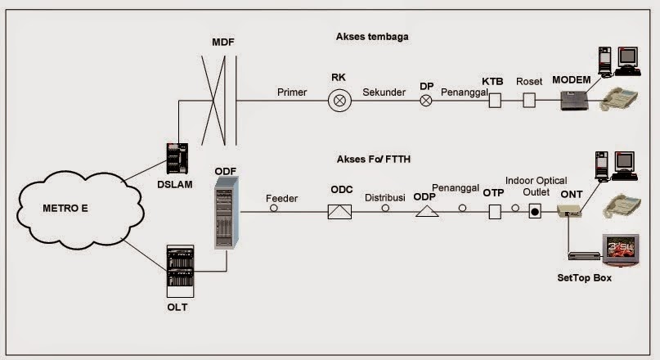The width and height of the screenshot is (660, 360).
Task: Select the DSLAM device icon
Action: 177,158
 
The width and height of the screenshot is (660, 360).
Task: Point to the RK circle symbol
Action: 339,101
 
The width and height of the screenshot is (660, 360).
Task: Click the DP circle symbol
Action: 425,101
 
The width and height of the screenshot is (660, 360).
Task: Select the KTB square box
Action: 493,101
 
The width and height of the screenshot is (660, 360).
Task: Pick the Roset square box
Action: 529,101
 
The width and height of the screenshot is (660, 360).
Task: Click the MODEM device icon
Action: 576,101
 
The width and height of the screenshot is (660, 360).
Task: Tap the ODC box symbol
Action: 339,211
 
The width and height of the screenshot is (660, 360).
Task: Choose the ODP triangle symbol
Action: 426,211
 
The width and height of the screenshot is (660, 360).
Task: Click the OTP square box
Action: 494,212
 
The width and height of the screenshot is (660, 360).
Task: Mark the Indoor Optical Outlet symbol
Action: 535,212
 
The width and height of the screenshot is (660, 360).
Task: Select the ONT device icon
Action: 568,212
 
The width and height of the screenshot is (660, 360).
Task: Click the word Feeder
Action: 281,198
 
